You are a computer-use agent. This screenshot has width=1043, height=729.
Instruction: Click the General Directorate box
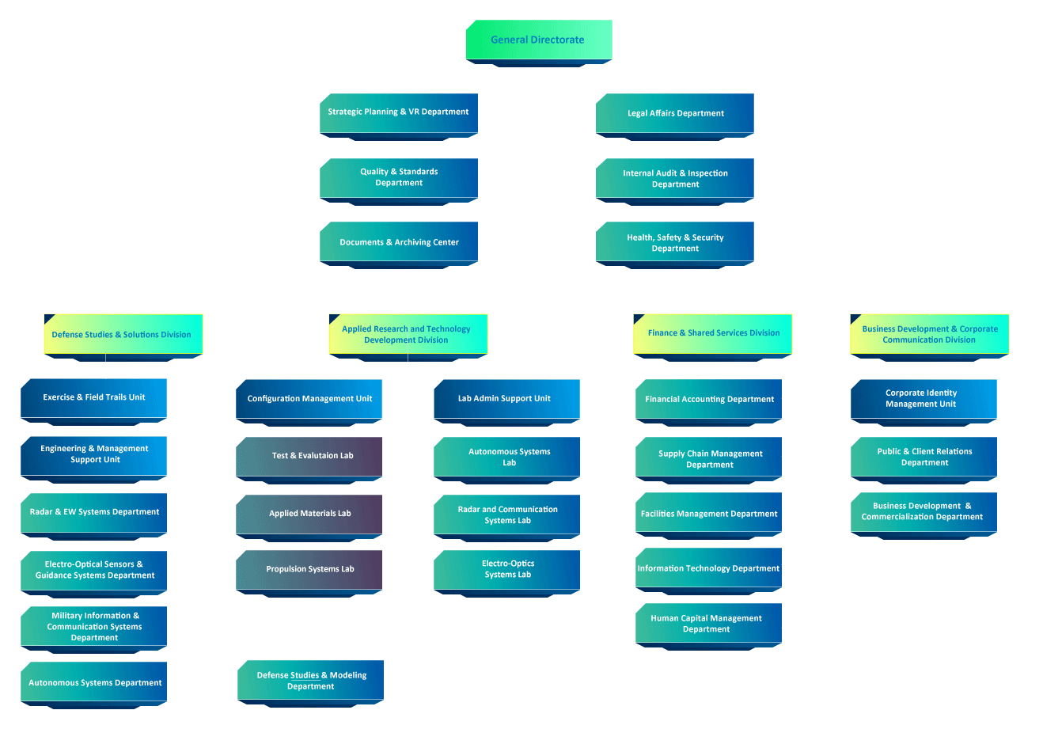click(538, 40)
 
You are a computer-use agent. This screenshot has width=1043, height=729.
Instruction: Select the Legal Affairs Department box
click(674, 113)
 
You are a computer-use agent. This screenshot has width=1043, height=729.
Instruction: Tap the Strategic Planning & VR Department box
click(399, 112)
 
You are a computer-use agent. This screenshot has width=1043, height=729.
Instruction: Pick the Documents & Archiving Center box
click(399, 242)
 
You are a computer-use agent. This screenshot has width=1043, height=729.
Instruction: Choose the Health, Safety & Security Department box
click(674, 242)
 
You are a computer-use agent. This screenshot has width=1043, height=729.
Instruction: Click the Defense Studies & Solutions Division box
click(123, 334)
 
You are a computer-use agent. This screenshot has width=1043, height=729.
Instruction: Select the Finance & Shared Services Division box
click(713, 333)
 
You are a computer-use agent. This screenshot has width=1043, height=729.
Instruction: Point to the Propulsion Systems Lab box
click(309, 569)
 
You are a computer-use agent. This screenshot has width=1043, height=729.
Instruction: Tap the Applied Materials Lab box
click(309, 514)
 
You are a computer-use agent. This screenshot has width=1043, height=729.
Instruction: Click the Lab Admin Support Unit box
click(506, 399)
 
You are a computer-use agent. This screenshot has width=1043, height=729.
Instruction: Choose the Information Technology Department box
click(709, 568)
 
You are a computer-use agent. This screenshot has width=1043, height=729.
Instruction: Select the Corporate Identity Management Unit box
click(924, 398)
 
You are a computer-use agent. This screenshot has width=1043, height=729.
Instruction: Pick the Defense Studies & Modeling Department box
click(311, 681)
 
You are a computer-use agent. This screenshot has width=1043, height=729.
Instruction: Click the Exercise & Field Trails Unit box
click(93, 397)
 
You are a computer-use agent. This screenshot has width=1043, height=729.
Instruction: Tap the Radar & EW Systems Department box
click(93, 512)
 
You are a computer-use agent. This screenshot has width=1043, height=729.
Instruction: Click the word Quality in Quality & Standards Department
click(374, 172)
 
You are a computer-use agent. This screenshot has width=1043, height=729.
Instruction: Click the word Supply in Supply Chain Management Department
click(672, 454)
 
